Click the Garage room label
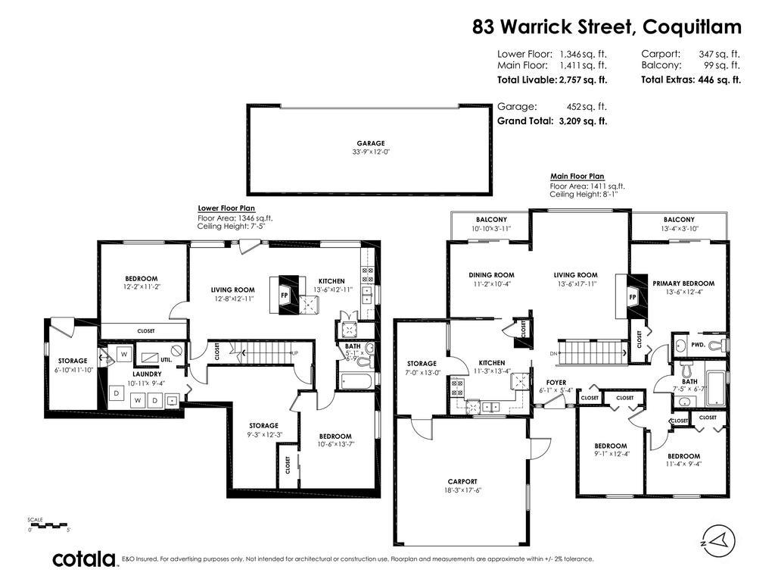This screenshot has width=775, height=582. [x=371, y=143]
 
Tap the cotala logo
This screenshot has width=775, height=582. [x=84, y=559]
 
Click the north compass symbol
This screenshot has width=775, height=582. [x=718, y=541]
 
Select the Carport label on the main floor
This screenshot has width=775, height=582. [x=462, y=481]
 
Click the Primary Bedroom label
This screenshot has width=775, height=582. [x=683, y=283]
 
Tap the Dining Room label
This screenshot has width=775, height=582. [x=491, y=275]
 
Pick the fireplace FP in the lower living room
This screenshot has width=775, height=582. [x=285, y=296]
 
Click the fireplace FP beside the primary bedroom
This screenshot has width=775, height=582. [x=633, y=297]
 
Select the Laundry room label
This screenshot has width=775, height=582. [x=147, y=374]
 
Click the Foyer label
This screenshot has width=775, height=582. [x=556, y=383]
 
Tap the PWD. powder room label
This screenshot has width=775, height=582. [x=697, y=345]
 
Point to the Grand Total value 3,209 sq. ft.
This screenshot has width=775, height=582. [x=583, y=120]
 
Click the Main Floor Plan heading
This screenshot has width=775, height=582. [x=577, y=176]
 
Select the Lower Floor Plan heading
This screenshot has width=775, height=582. [x=226, y=208]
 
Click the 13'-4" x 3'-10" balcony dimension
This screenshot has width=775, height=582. [x=679, y=229]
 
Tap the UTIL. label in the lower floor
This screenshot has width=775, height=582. [x=166, y=360]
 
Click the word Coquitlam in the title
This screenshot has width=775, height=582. [x=692, y=27]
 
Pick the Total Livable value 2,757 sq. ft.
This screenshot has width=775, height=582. [x=584, y=80]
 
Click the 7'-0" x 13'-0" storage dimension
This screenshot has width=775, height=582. [x=422, y=373]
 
